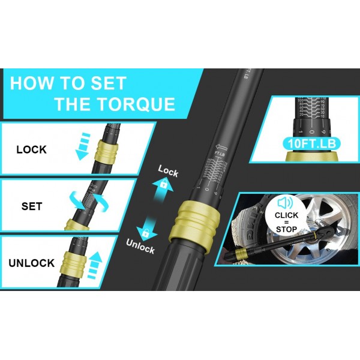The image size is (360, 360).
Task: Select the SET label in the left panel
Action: [31, 206]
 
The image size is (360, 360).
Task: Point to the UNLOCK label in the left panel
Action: [31, 263]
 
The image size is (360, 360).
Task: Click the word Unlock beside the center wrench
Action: [141, 245]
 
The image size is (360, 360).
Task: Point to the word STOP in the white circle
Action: [286, 229]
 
